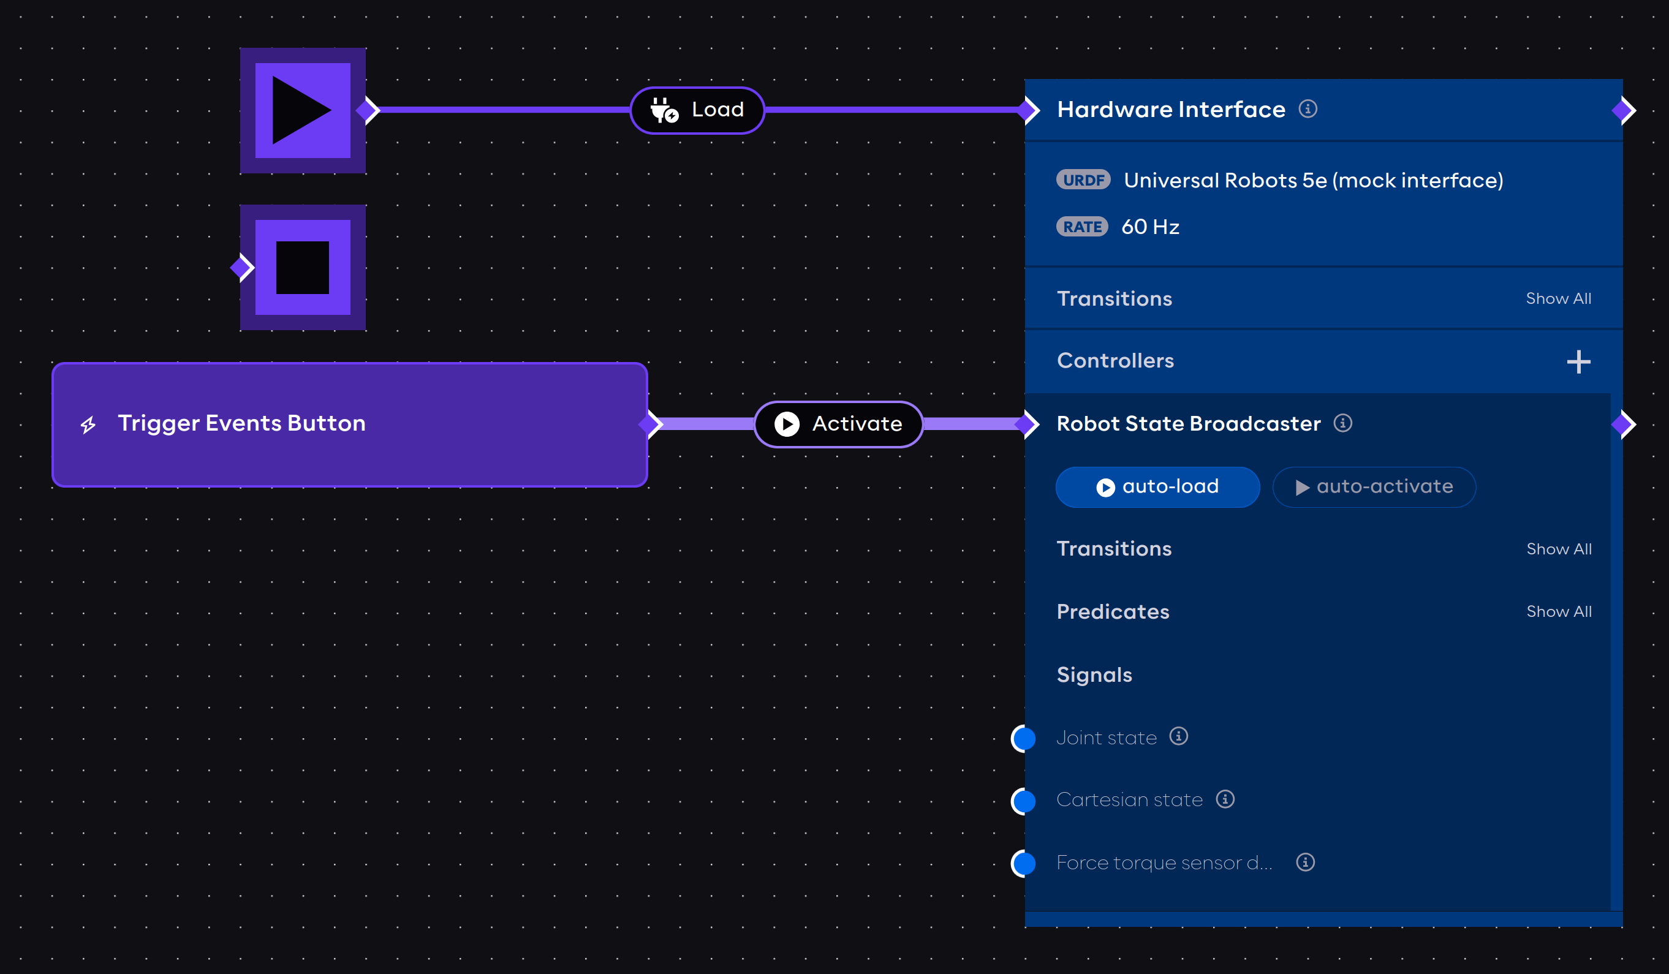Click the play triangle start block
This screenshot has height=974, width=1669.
[x=303, y=111]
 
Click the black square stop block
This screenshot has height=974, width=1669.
[x=303, y=268]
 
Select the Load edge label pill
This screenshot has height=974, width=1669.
[x=697, y=110]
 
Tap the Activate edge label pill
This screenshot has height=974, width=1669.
[x=838, y=424]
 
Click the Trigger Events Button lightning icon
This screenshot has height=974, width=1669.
[x=88, y=425]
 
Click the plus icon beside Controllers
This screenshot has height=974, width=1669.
[x=1578, y=361]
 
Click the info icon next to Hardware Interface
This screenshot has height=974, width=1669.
[x=1308, y=108]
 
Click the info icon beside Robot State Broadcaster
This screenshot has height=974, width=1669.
[x=1342, y=423]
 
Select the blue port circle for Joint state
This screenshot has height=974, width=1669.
[x=1024, y=739]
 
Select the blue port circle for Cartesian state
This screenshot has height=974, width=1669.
[x=1024, y=801]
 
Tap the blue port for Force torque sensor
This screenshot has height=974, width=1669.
[x=1024, y=863]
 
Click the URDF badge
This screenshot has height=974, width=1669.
[x=1083, y=180]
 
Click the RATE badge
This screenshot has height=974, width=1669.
[x=1081, y=227]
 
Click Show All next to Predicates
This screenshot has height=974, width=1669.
[x=1558, y=612]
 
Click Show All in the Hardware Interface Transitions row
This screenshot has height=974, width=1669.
[x=1557, y=298]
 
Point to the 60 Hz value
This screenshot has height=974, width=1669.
[x=1150, y=227]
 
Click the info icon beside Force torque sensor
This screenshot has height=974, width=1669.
[x=1304, y=863]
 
